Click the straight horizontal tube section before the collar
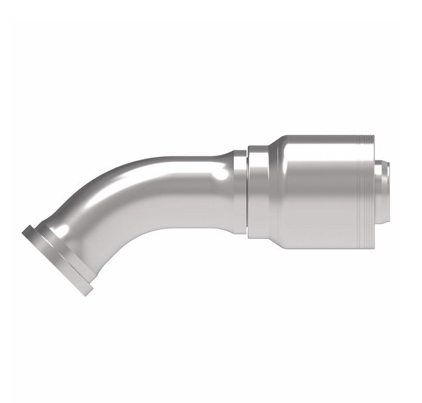coord(195,189)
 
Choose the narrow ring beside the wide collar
coord(240,192)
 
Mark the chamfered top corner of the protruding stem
coord(384,163)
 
